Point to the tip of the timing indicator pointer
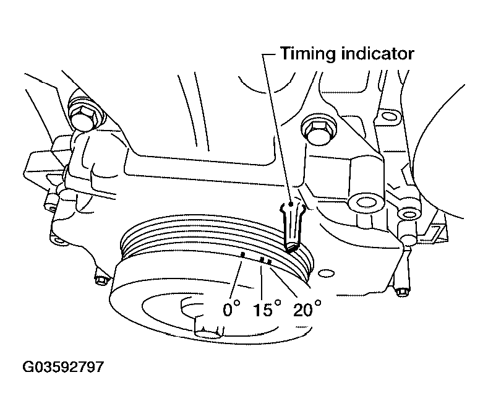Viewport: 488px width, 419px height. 291,248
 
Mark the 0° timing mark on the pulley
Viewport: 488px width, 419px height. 243,254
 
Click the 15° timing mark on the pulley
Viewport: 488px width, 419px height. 262,261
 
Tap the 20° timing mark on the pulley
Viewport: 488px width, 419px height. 269,262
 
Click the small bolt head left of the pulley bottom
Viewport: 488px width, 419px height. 101,280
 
